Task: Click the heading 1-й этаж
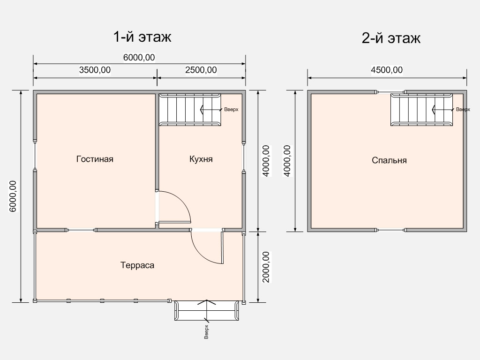[142, 37]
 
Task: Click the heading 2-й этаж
[391, 38]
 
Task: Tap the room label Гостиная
[95, 159]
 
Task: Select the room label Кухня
[201, 159]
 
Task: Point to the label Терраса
[137, 265]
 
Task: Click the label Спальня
[389, 160]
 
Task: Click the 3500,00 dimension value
[95, 70]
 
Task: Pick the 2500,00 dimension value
[201, 70]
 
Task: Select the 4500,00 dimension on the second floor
[387, 70]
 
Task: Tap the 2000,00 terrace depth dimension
[266, 267]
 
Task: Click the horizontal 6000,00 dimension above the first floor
[139, 58]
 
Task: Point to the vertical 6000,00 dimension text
[13, 196]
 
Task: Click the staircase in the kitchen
[190, 110]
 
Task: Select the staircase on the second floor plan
[421, 110]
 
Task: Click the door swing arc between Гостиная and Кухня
[182, 201]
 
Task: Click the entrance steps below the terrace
[207, 310]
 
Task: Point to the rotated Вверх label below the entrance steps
[206, 332]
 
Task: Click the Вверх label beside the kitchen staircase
[231, 109]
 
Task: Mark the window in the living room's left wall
[35, 156]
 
